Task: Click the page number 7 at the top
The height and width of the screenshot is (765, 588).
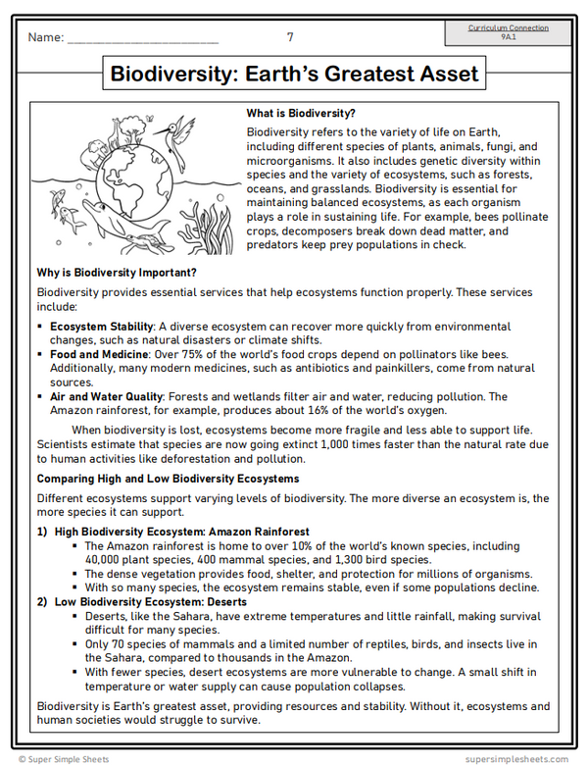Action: click(290, 37)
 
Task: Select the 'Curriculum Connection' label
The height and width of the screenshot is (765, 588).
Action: click(508, 28)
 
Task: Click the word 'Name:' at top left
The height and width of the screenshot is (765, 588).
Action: click(45, 38)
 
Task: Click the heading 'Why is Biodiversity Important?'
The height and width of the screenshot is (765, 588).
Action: click(117, 273)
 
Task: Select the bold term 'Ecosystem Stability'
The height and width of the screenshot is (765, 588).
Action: click(102, 326)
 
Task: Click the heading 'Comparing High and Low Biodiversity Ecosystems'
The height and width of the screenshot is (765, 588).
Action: click(168, 479)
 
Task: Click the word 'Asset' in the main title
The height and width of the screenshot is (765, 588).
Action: click(441, 75)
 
